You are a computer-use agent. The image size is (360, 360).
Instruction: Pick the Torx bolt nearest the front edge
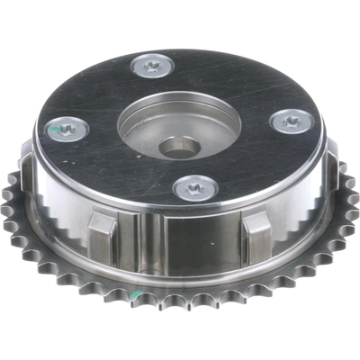193,187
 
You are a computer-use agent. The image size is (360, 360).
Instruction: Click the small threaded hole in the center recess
174,145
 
